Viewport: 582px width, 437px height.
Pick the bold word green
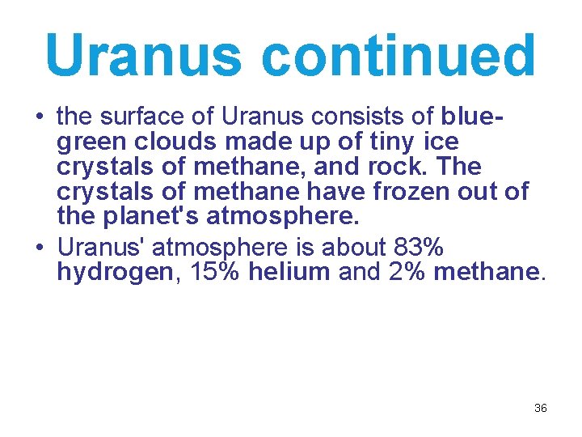[91, 143]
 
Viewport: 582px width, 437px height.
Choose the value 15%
[214, 272]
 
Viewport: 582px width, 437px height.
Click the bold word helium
[289, 272]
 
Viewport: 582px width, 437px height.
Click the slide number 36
[541, 409]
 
